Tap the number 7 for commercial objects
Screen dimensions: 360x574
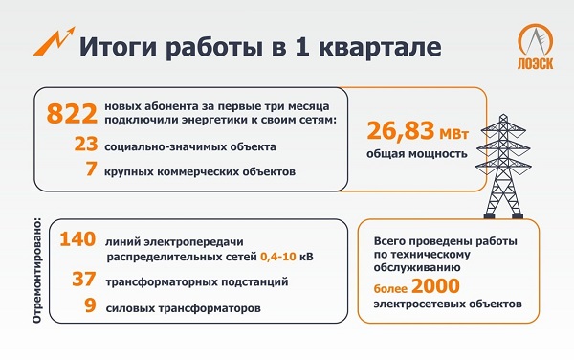91,171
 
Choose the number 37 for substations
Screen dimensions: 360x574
84,281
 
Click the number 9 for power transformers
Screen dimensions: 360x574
90,308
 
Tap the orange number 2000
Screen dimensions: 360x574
432,285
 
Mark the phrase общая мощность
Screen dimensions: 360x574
416,153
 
